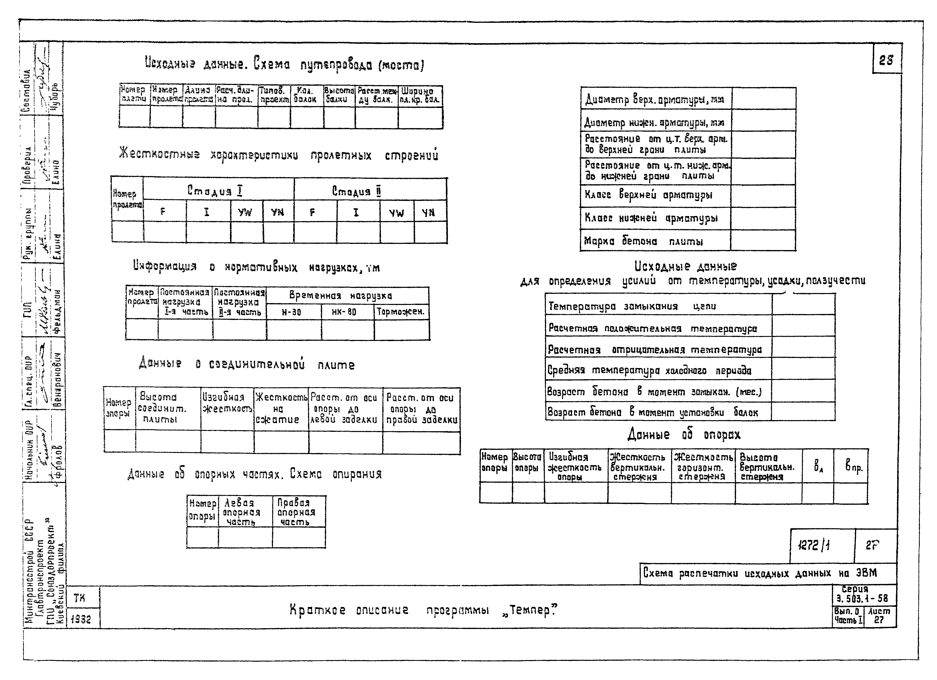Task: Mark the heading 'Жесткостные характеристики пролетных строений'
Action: click(278, 155)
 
